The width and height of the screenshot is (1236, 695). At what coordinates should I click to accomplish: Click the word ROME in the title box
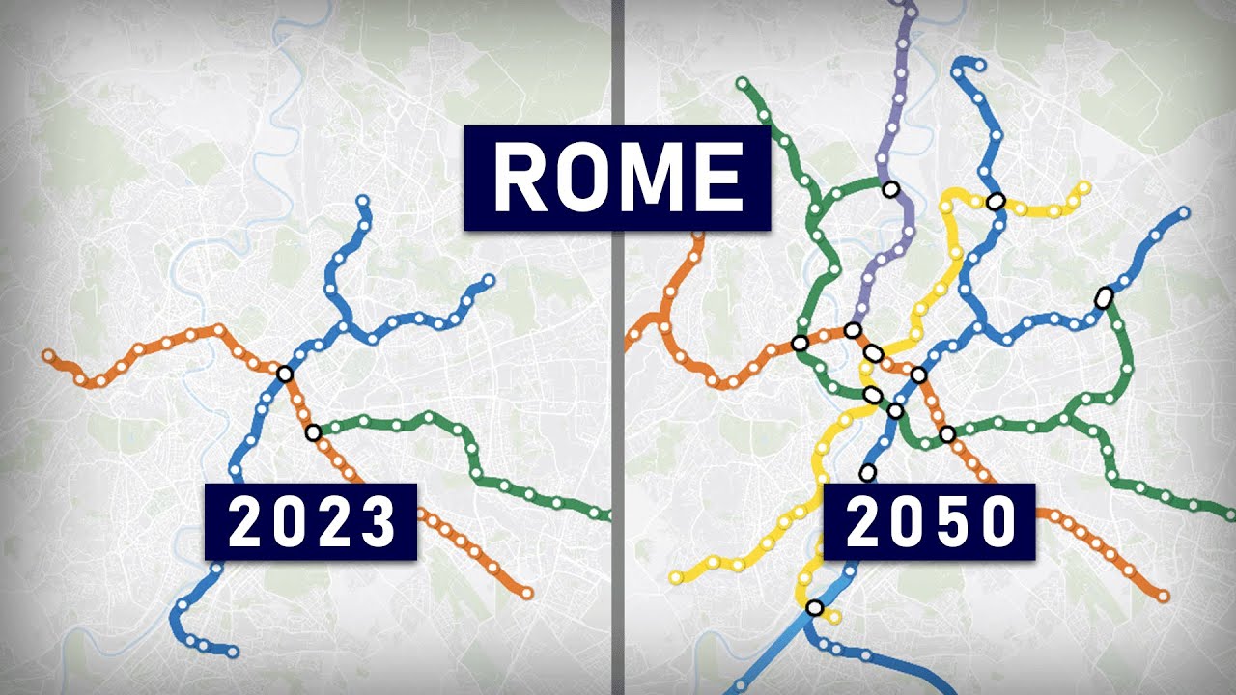[x=617, y=179]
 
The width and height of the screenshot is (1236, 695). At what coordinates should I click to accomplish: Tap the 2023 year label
[x=311, y=522]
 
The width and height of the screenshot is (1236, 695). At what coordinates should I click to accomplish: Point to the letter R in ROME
[x=521, y=179]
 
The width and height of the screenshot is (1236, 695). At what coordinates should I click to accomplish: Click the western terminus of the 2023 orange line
[x=48, y=356]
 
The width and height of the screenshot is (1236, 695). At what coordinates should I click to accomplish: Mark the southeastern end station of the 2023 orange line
[x=526, y=593]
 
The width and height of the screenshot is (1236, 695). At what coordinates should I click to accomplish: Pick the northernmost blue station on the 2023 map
[x=362, y=202]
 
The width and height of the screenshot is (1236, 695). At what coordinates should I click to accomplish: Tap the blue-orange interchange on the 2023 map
[x=284, y=374]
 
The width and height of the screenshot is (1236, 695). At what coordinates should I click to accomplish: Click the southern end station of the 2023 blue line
[x=232, y=652]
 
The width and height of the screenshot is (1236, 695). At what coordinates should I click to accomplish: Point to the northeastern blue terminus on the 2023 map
[x=488, y=281]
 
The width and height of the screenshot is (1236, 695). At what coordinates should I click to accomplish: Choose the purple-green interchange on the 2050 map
[x=890, y=189]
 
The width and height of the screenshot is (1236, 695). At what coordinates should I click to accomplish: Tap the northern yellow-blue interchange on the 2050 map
[x=996, y=202]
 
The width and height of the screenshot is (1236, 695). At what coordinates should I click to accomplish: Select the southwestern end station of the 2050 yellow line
[x=677, y=577]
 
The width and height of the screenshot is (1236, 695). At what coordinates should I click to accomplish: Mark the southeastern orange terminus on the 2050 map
[x=1163, y=597]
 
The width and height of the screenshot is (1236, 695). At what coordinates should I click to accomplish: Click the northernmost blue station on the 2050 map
[x=981, y=66]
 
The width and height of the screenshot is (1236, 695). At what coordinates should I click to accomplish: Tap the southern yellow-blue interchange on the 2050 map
[x=814, y=608]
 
